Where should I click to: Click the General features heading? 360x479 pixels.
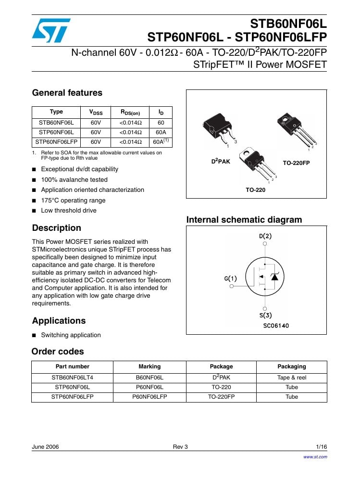click(67, 93)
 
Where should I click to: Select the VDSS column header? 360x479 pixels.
click(96, 113)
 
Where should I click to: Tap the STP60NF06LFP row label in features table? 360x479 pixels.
click(56, 142)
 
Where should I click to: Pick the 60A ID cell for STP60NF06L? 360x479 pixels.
click(161, 132)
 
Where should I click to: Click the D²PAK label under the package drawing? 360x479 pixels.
click(221, 162)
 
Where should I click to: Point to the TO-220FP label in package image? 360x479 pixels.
click(296, 163)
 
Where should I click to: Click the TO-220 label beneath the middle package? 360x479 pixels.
click(255, 190)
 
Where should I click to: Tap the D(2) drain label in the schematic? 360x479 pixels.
click(265, 236)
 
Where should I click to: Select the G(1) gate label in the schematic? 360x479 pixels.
click(230, 278)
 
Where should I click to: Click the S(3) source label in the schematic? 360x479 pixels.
click(265, 315)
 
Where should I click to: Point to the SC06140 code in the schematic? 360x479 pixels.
click(276, 326)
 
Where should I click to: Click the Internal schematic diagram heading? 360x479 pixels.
click(244, 220)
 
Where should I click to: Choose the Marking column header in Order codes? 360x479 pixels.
click(149, 366)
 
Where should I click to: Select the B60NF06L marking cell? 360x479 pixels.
click(149, 378)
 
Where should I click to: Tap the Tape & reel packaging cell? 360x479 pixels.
click(291, 378)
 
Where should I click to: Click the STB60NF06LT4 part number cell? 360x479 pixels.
click(73, 378)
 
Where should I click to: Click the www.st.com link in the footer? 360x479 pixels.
click(315, 457)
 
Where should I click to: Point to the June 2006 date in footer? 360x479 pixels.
click(45, 447)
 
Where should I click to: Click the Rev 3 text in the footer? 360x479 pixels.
click(180, 447)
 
